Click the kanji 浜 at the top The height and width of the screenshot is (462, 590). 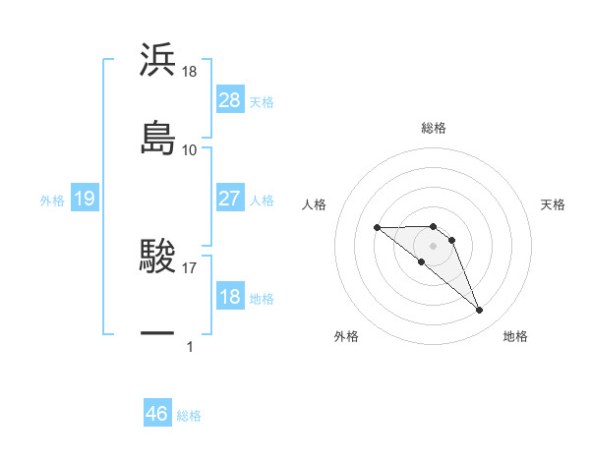(x=157, y=60)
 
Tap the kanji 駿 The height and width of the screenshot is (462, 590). (x=157, y=257)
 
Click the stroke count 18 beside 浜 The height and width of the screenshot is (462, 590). (x=190, y=72)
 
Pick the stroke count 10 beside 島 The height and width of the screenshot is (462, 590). (x=190, y=149)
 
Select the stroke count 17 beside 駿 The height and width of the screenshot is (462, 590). (x=190, y=264)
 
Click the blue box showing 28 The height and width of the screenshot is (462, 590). (x=230, y=100)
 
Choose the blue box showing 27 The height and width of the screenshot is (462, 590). (x=230, y=199)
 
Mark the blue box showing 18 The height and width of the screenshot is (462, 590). (x=230, y=297)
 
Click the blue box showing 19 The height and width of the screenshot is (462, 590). (x=84, y=199)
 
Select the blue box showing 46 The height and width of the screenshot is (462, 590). (x=157, y=414)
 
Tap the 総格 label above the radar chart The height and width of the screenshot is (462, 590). (x=434, y=128)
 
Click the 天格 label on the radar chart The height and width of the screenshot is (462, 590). (x=554, y=204)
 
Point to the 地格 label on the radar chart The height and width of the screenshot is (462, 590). (x=515, y=336)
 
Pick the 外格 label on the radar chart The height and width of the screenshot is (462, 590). (x=346, y=336)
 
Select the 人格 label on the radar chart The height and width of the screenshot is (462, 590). (x=315, y=204)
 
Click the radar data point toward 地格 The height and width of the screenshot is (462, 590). (x=480, y=311)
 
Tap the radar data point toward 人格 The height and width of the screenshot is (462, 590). (x=377, y=228)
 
